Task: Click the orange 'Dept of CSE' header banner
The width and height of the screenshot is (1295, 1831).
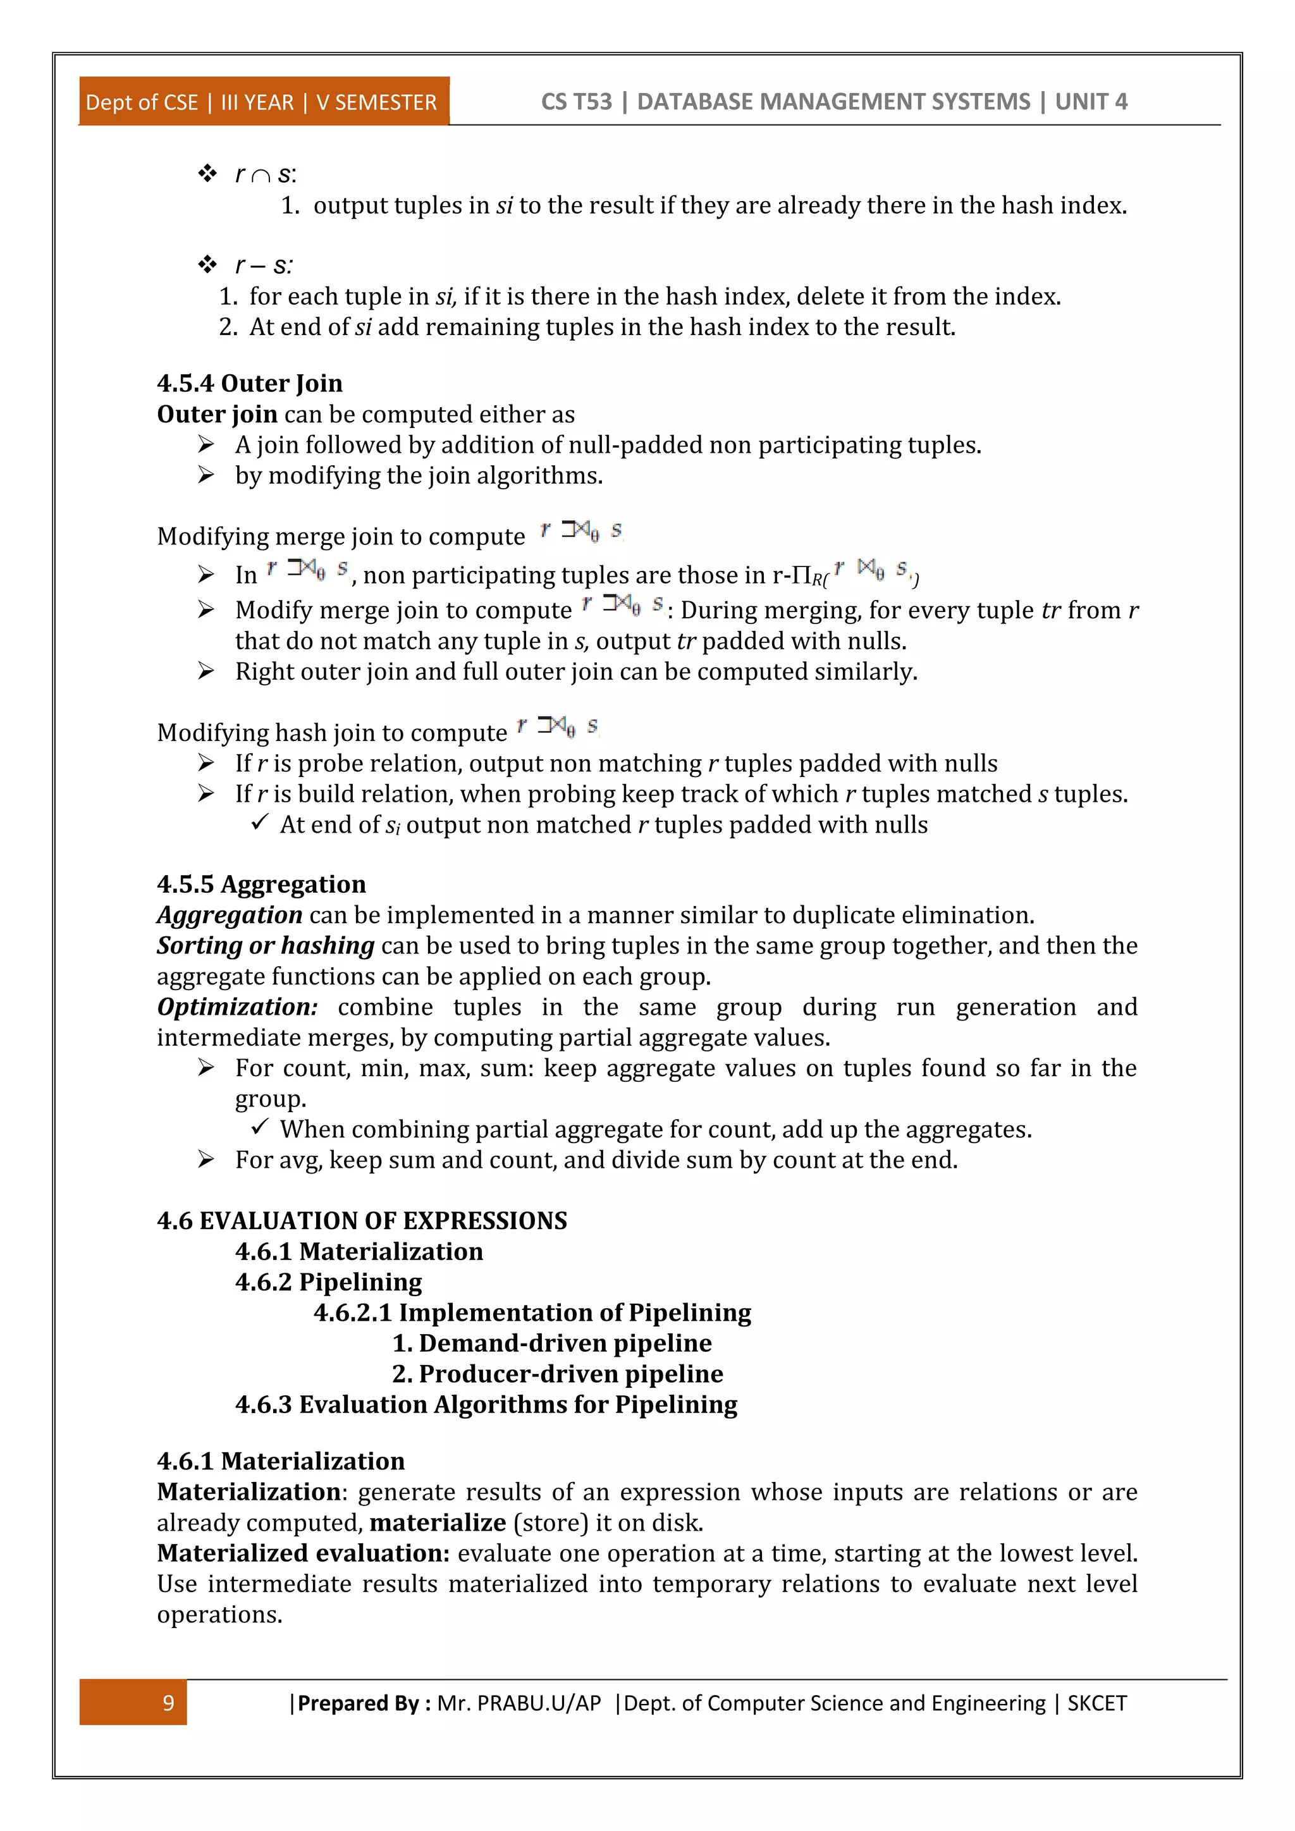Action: point(263,102)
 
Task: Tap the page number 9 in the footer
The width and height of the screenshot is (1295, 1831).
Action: point(168,1703)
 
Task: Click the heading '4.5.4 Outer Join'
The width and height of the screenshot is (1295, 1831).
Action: point(250,384)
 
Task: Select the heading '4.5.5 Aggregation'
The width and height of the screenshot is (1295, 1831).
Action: point(262,885)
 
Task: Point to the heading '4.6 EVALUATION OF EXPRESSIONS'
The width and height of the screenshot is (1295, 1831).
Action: point(362,1221)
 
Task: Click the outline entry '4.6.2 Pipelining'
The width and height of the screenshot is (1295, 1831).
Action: point(329,1282)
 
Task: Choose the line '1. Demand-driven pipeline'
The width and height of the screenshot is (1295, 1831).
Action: point(552,1343)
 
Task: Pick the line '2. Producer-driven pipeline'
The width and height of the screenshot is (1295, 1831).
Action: point(557,1373)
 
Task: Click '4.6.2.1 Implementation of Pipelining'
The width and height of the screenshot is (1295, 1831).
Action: point(532,1313)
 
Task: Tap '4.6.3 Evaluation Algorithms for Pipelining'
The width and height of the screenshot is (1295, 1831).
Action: point(486,1404)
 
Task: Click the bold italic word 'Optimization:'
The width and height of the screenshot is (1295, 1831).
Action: point(237,1007)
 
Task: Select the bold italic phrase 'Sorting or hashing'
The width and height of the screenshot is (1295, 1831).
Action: point(266,946)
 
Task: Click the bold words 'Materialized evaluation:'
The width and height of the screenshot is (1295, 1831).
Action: point(303,1553)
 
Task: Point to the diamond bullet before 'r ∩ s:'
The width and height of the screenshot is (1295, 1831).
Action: point(207,173)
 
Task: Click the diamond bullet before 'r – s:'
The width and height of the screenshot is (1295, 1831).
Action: point(207,264)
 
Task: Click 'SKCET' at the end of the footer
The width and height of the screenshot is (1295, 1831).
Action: point(1096,1703)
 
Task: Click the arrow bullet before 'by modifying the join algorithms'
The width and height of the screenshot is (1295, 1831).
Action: point(207,475)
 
